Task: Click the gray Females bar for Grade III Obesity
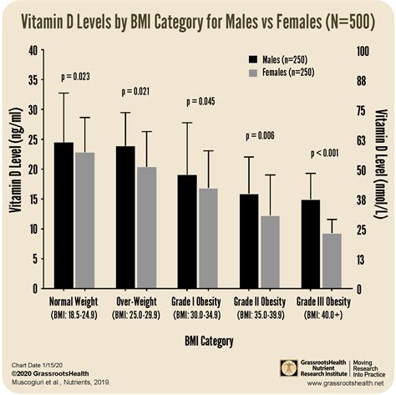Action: click(332, 261)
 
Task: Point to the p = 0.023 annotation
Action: click(74, 77)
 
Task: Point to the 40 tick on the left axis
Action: click(33, 50)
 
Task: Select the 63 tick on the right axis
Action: click(363, 139)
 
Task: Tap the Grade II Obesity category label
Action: click(259, 301)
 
